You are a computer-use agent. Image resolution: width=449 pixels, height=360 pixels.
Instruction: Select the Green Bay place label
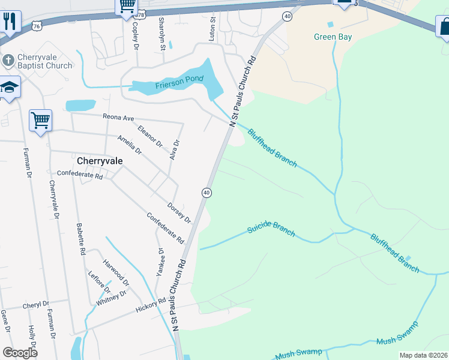click(333, 37)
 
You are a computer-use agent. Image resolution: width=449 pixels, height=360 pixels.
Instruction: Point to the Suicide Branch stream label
click(271, 230)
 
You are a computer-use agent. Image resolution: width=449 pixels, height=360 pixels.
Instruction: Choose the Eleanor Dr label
click(150, 136)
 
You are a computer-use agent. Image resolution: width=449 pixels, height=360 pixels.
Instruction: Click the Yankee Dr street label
click(160, 262)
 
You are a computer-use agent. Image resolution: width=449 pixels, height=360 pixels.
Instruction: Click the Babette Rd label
click(80, 238)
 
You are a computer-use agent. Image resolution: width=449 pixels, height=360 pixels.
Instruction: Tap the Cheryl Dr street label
click(36, 305)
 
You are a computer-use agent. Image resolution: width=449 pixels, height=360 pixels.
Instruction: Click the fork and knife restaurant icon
click(10, 22)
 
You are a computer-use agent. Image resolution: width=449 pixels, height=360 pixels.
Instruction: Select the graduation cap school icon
click(10, 88)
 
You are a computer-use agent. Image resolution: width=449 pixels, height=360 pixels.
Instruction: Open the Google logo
click(20, 352)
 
